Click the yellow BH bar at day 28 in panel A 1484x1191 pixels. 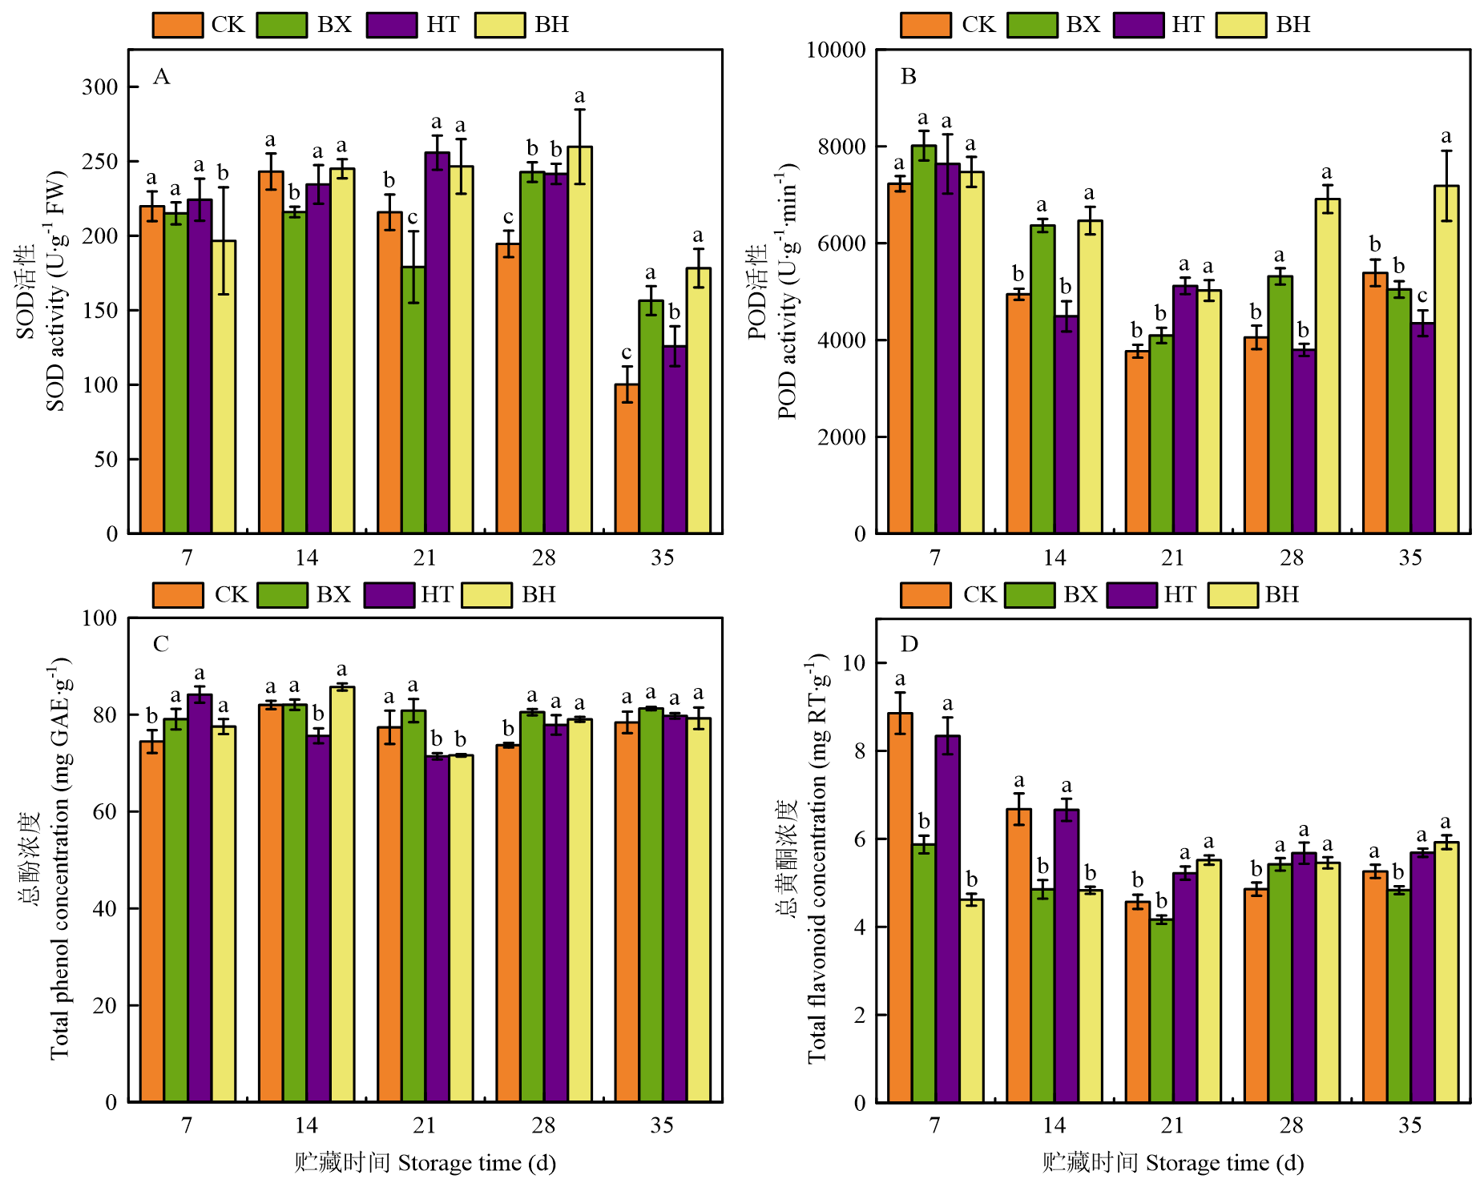click(x=579, y=340)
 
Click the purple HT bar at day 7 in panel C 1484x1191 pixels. click(x=200, y=898)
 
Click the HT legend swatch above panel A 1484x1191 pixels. click(x=392, y=25)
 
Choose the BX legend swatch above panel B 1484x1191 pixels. click(x=1032, y=25)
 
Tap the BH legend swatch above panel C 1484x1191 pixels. click(x=487, y=595)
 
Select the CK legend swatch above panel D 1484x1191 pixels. click(x=925, y=595)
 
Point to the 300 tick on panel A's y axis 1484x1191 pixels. click(x=100, y=87)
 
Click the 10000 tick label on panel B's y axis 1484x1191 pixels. click(x=836, y=50)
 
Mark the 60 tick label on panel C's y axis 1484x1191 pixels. click(x=105, y=811)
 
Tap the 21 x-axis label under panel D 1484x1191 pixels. click(x=1172, y=1125)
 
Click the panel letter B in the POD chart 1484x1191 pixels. click(x=908, y=77)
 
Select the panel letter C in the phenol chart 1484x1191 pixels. click(x=161, y=644)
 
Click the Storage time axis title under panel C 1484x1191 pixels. click(x=425, y=1163)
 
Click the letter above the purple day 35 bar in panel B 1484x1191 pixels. click(x=1422, y=296)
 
